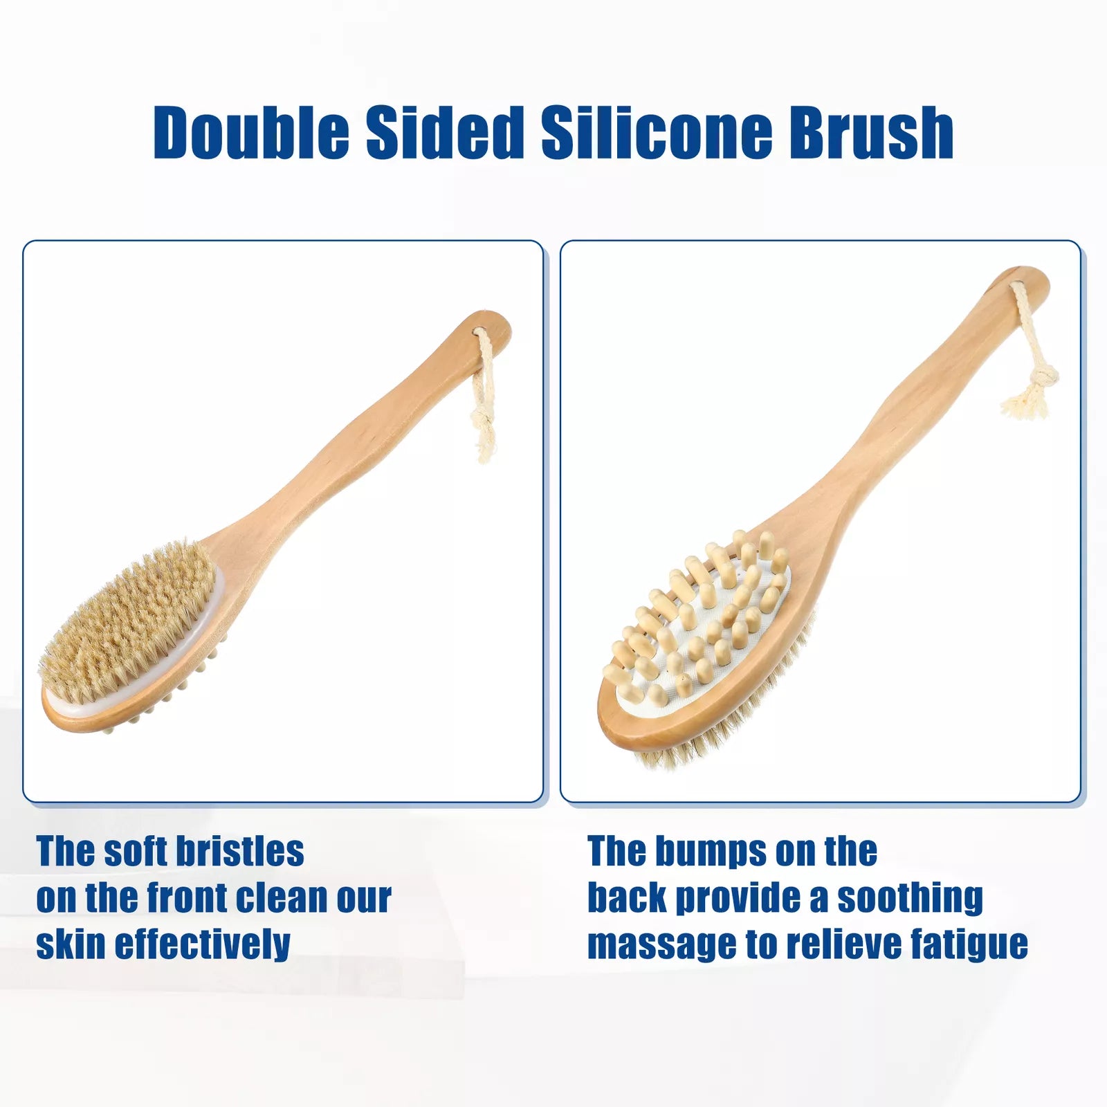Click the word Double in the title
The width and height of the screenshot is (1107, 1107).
point(251,132)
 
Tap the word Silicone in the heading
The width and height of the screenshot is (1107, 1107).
point(657,132)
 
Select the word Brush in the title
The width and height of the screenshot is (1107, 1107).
point(872,132)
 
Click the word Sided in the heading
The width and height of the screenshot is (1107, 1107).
point(445,132)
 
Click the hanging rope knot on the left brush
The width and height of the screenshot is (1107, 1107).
point(483,422)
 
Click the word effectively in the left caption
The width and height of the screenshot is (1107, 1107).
point(202,944)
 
